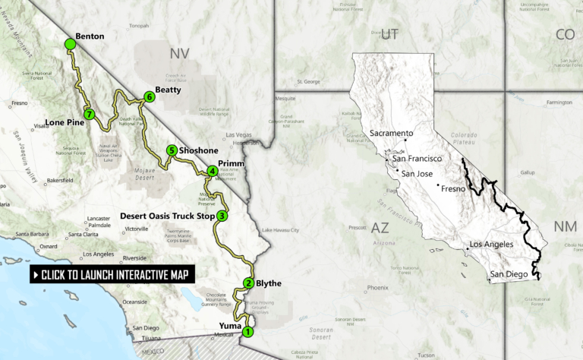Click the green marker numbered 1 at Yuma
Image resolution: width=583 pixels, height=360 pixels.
click(x=246, y=331)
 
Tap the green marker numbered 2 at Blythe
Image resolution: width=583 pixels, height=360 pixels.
click(x=248, y=284)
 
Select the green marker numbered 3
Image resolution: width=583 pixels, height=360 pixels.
click(x=222, y=216)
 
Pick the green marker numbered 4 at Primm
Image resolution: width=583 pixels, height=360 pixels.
click(x=212, y=171)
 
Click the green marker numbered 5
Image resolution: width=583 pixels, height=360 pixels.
click(x=172, y=150)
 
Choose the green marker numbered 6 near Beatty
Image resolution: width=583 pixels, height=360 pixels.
click(x=150, y=97)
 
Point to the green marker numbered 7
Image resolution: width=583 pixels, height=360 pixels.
click(x=90, y=115)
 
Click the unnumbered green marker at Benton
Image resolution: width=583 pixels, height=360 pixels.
click(x=70, y=44)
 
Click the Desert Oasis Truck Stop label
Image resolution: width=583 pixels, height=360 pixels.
click(x=166, y=216)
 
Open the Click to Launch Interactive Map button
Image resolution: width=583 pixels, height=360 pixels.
click(x=111, y=274)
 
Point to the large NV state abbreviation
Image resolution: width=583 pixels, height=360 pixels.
click(x=179, y=54)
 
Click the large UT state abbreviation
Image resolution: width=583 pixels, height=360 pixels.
click(x=389, y=33)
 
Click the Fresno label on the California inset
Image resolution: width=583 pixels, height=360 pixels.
click(x=456, y=186)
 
